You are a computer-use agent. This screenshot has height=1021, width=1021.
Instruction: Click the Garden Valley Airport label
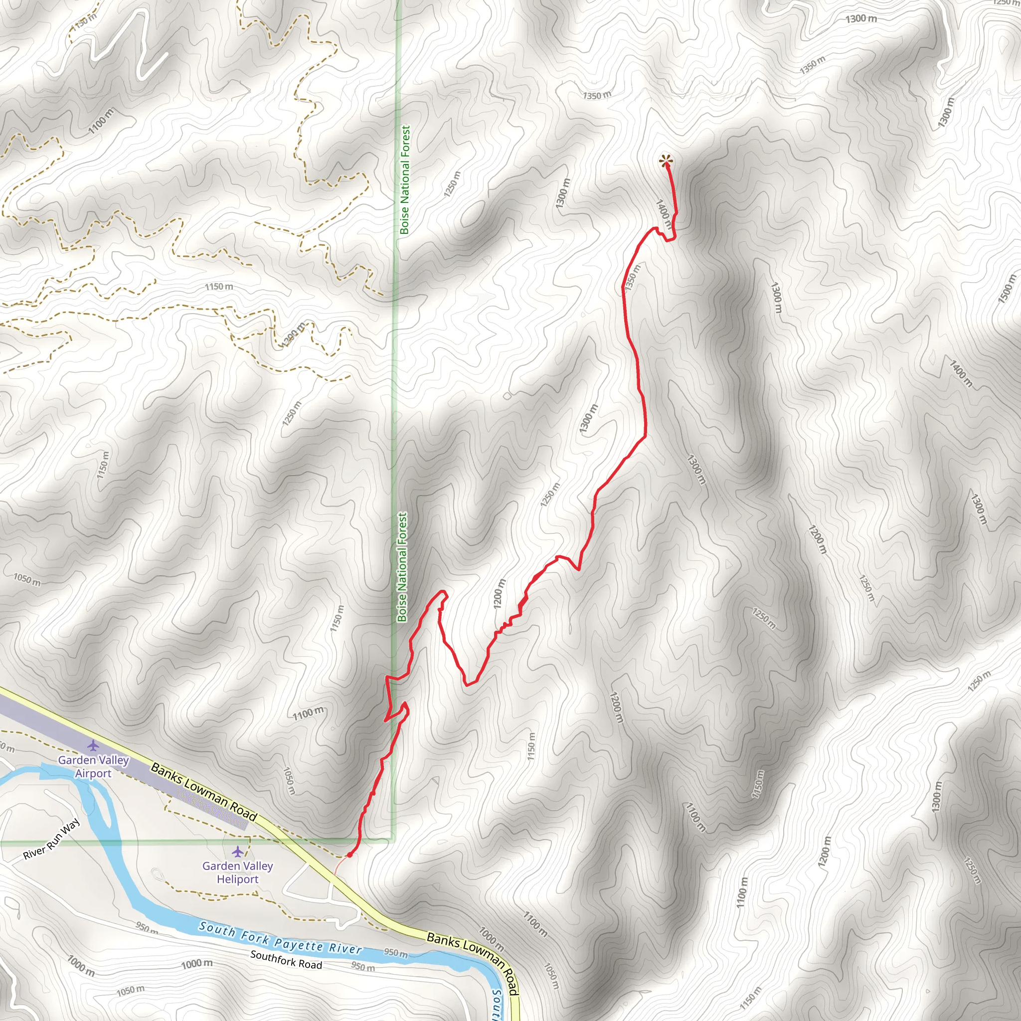click(94, 766)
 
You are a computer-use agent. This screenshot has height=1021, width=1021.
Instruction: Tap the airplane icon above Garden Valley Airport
click(94, 746)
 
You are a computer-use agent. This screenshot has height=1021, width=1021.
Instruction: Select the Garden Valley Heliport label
click(237, 872)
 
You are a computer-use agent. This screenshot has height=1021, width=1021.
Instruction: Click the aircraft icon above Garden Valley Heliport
click(238, 851)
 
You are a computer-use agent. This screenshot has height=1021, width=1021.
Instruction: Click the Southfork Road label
click(286, 959)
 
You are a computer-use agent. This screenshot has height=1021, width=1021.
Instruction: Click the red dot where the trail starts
click(349, 854)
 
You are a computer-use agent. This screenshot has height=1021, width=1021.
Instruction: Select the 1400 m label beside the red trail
click(664, 214)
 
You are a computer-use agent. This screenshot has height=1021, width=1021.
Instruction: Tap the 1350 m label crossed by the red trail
click(633, 278)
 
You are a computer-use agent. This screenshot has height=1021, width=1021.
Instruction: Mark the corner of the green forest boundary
click(393, 839)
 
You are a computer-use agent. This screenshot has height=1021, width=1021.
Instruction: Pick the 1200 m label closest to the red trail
click(500, 593)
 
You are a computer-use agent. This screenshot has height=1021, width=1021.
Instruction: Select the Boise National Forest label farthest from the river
click(405, 179)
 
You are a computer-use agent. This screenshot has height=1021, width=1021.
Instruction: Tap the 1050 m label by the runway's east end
click(289, 781)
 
